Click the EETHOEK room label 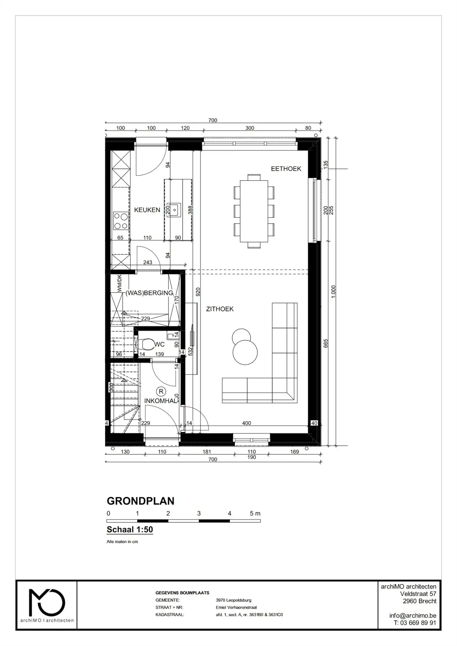click(286, 169)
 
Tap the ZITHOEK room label click(219, 309)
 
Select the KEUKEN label click(147, 210)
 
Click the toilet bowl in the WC click(147, 344)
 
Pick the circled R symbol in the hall click(161, 391)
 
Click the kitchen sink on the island click(174, 210)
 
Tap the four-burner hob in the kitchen click(121, 221)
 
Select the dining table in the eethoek click(254, 211)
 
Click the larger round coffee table click(245, 353)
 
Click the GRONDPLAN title click(140, 501)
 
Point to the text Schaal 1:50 click(130, 529)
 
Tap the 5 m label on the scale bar click(255, 513)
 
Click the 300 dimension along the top click(250, 128)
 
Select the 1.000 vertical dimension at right click(333, 292)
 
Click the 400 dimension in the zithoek click(246, 423)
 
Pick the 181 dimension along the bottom click(206, 452)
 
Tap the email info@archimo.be click(412, 616)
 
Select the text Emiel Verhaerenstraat click(236, 607)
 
